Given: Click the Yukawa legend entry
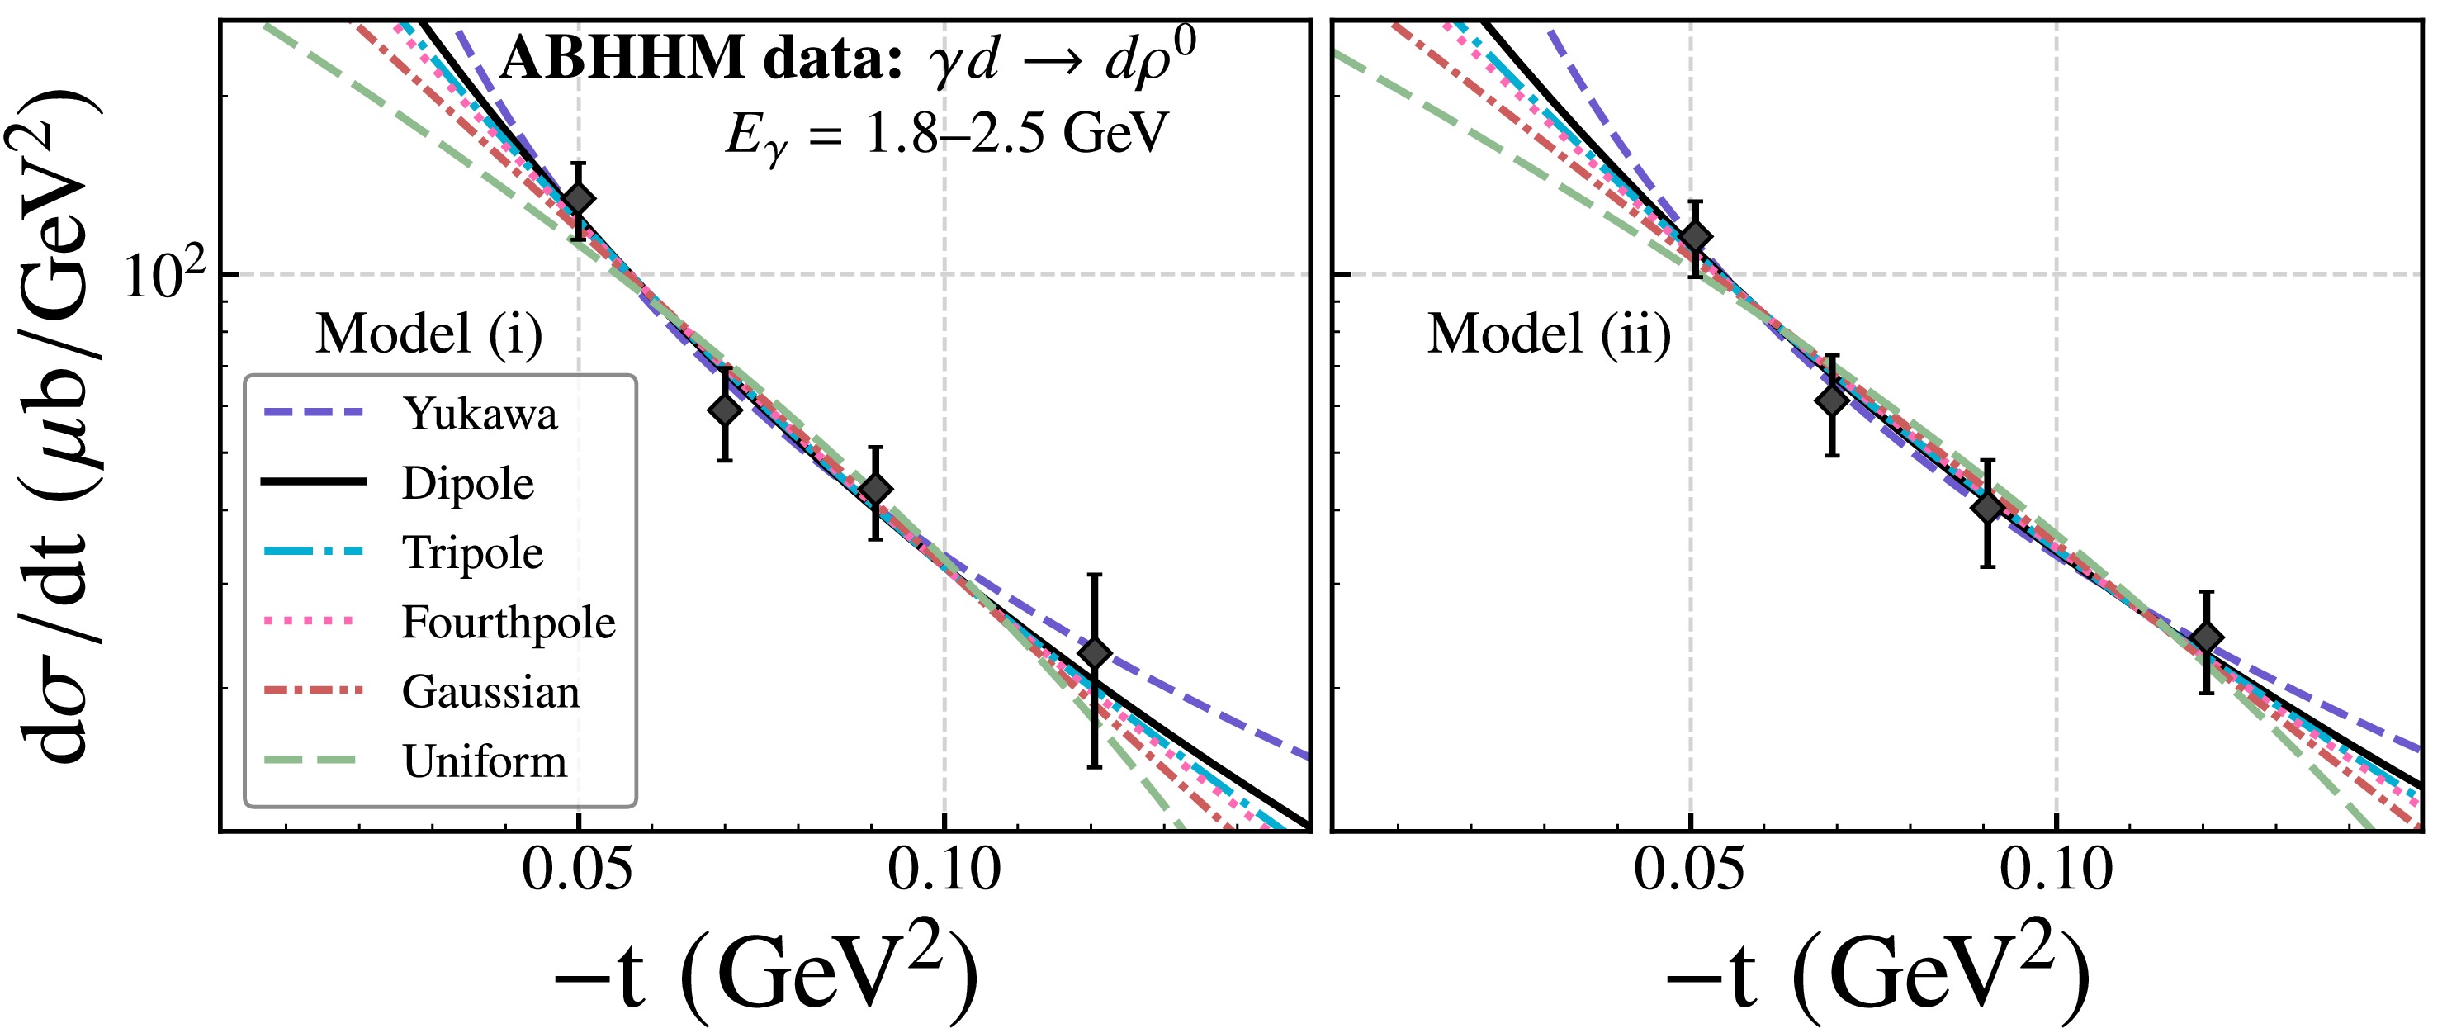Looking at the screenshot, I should (x=480, y=415).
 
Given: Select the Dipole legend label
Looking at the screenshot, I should (x=467, y=484).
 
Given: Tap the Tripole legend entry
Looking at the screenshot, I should (x=472, y=553).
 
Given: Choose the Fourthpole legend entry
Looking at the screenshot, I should (x=509, y=623).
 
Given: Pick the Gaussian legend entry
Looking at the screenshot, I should (x=490, y=692).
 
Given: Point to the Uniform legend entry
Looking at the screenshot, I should (x=485, y=761).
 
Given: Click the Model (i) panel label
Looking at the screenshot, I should (x=429, y=334).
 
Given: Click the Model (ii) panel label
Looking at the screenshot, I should (x=1550, y=334).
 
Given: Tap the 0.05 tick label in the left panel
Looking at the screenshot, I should (x=576, y=870).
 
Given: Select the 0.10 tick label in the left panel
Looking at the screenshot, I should (x=944, y=870).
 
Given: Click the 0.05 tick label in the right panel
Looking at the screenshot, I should (x=1689, y=870).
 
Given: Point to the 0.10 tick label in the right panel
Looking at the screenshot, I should (x=2056, y=870).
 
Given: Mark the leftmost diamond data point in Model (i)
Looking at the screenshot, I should (x=578, y=200).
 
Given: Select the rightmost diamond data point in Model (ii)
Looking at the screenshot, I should (x=2207, y=637).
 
